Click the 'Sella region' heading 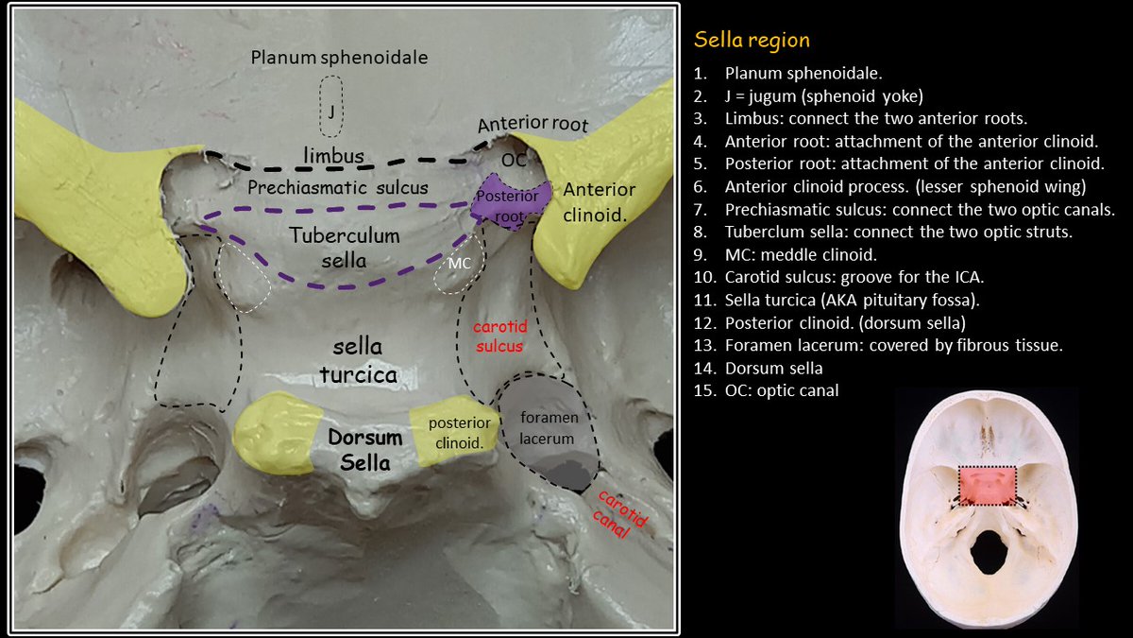[752, 41]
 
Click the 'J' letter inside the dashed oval [331, 112]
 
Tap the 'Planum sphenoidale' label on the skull [339, 58]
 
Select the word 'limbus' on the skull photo [334, 154]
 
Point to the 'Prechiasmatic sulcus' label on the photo [338, 187]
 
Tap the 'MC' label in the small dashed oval [459, 263]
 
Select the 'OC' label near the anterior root [514, 161]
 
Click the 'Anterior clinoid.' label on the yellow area [600, 201]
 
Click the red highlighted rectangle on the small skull [987, 486]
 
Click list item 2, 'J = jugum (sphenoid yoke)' [822, 96]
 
